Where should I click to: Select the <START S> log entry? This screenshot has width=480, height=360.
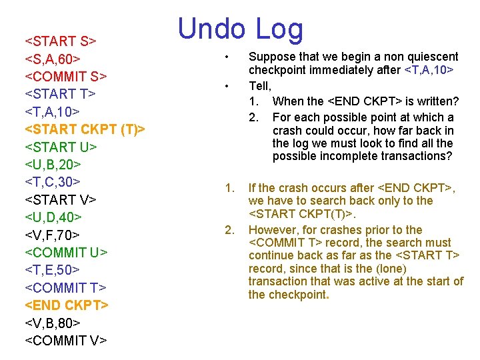click(61, 41)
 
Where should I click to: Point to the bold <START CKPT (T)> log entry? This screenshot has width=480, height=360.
click(85, 128)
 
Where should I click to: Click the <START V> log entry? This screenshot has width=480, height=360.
click(61, 199)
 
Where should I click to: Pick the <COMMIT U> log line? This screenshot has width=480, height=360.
click(66, 252)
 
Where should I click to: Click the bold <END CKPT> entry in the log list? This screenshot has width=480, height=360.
click(67, 305)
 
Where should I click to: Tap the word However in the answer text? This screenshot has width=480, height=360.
click(273, 230)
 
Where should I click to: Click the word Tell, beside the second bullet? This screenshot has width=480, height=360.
click(260, 85)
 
